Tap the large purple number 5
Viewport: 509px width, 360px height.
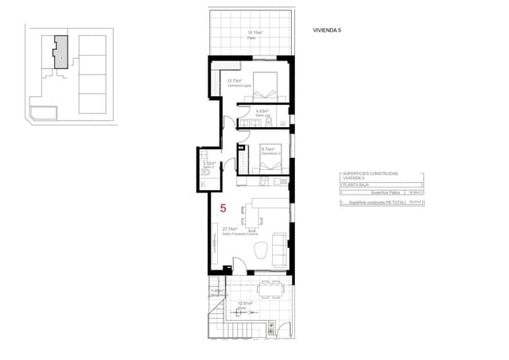(223, 208)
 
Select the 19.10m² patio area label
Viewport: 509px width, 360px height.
(254, 33)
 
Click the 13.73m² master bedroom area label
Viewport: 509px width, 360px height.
(234, 80)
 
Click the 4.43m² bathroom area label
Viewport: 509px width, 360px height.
(262, 111)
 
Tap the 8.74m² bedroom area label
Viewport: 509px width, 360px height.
(267, 149)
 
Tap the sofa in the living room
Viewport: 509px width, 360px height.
(280, 248)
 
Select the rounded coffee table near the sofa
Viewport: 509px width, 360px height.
(261, 250)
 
